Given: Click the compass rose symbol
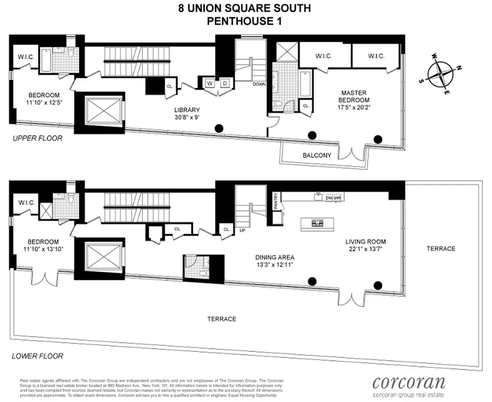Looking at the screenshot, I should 441,74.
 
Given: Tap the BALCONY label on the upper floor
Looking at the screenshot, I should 317,155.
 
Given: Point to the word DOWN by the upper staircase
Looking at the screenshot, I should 259,84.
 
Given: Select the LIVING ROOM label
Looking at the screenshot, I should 365,241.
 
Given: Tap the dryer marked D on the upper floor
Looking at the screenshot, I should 225,83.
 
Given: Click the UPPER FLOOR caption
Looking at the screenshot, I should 38,138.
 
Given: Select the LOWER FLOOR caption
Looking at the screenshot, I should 38,356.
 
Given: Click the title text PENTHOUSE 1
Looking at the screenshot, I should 244,21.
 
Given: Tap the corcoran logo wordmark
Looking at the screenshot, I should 408,382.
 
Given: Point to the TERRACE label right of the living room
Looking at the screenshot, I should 440,248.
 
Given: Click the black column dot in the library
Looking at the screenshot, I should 219,128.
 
